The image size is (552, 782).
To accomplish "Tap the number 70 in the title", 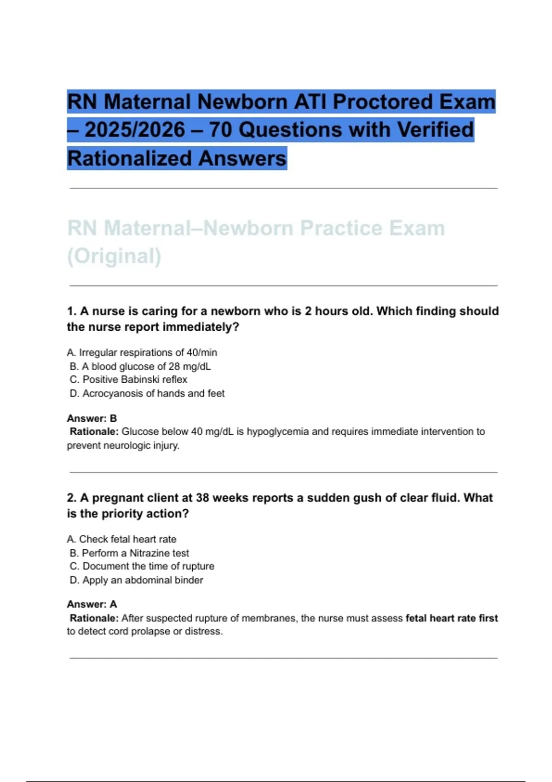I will click(221, 130).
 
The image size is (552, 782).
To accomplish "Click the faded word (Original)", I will click(114, 256).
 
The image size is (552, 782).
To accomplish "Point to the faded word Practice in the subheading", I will click(341, 228).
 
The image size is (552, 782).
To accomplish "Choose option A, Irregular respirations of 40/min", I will click(142, 353).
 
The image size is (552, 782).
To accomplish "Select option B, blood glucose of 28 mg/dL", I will click(140, 367).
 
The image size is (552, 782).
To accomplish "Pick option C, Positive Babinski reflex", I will click(128, 380).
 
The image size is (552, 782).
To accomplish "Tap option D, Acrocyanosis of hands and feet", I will click(147, 394).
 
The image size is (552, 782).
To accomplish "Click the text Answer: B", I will click(92, 419).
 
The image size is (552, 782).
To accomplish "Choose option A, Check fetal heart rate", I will click(121, 539).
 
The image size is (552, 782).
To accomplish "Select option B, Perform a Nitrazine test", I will click(129, 553).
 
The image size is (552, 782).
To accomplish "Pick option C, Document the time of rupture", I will click(142, 566).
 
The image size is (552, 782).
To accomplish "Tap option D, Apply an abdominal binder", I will click(136, 580).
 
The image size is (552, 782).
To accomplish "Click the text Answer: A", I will click(92, 604).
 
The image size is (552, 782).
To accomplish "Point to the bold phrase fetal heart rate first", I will click(451, 618).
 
